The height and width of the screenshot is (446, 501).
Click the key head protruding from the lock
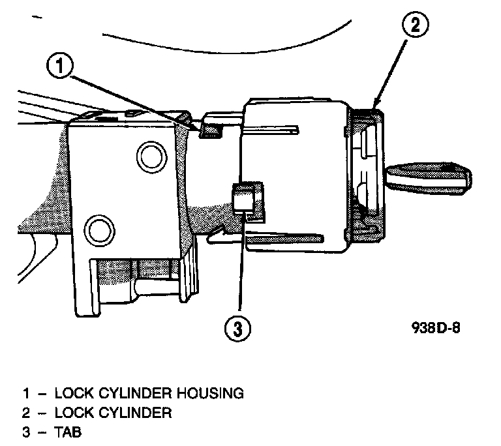point(427,177)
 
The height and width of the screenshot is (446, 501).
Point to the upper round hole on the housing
point(148,156)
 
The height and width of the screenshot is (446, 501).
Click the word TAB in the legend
point(67,431)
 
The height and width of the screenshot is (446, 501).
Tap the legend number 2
point(27,413)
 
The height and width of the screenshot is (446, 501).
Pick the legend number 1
point(27,394)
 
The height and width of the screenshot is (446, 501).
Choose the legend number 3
point(27,431)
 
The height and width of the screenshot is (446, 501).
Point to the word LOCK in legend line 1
point(69,394)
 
